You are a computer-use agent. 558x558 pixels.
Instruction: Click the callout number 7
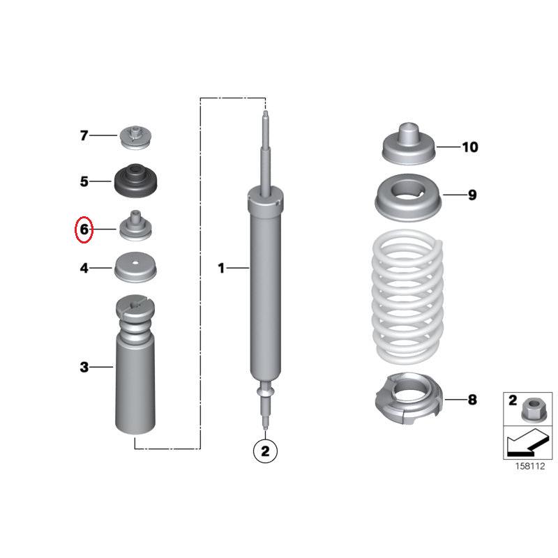[84, 135]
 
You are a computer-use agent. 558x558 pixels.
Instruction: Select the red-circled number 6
[84, 229]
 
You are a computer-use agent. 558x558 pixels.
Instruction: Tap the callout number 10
[470, 147]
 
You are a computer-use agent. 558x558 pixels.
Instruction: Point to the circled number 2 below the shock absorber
[265, 451]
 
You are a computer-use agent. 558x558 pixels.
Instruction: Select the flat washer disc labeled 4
[135, 267]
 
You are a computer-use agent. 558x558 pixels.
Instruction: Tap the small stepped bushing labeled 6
[135, 226]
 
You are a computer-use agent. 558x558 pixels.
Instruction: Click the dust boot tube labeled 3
[135, 377]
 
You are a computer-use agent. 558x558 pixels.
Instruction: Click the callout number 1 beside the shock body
[221, 267]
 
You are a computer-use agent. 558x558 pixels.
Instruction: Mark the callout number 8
[472, 400]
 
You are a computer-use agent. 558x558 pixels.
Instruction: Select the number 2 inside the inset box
[512, 401]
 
